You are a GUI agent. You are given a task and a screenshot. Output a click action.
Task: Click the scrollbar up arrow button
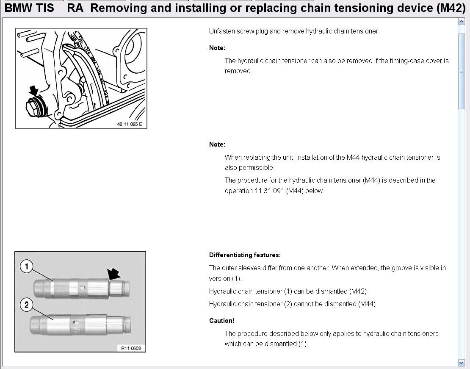461,22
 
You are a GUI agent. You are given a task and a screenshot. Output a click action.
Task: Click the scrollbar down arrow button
461,363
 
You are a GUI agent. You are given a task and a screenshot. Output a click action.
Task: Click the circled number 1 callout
27,266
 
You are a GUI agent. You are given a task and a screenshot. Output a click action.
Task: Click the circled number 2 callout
27,305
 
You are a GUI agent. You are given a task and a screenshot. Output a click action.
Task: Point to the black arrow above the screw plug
33,90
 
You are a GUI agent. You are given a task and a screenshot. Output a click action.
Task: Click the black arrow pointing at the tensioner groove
114,275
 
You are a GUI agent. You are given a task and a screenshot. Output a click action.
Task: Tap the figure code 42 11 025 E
130,125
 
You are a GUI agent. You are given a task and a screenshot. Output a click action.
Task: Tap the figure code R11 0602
131,348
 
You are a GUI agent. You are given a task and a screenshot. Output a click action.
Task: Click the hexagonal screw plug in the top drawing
31,107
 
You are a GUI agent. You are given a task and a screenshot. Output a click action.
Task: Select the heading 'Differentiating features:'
245,255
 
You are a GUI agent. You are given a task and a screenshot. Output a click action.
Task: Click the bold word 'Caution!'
221,321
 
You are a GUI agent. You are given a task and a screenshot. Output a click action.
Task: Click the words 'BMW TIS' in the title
29,8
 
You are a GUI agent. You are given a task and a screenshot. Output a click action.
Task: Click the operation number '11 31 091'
269,191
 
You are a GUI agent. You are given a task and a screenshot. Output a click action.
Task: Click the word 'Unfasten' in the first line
221,31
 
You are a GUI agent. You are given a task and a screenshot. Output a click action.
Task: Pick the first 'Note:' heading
217,48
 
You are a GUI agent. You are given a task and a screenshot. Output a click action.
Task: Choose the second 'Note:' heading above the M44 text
217,144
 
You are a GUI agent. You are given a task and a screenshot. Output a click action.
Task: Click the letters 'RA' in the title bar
75,8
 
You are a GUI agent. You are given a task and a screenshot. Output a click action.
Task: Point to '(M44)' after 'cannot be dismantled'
367,304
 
